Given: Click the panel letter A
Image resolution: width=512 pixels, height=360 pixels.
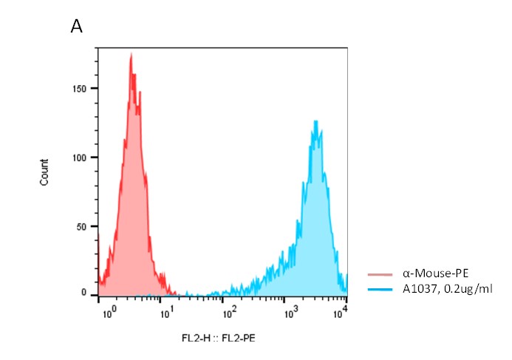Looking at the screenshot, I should [77, 27].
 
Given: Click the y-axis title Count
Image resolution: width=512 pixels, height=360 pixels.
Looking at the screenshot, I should [45, 172].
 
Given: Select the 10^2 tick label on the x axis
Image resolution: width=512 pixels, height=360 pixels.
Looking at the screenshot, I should [231, 313].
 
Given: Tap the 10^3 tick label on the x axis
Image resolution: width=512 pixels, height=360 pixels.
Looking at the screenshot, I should [290, 313].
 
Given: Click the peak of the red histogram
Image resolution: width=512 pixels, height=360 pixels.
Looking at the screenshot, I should [131, 54].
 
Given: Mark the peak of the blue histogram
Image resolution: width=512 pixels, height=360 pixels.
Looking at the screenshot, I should [316, 121].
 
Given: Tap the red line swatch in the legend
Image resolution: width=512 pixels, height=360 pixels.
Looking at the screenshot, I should [380, 274].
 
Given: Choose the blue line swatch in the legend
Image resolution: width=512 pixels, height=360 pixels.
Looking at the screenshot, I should [380, 289].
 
